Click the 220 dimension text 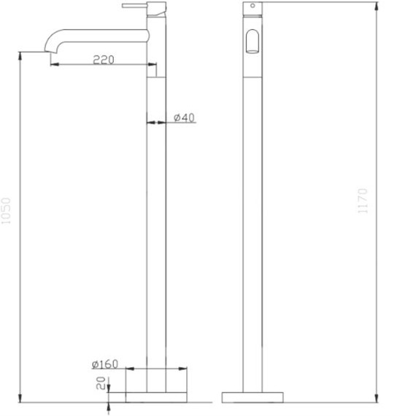tap(104, 60)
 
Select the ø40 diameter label tap(185, 118)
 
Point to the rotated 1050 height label tap(8, 212)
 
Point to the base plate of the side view tap(157, 396)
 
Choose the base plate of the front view tap(253, 396)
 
